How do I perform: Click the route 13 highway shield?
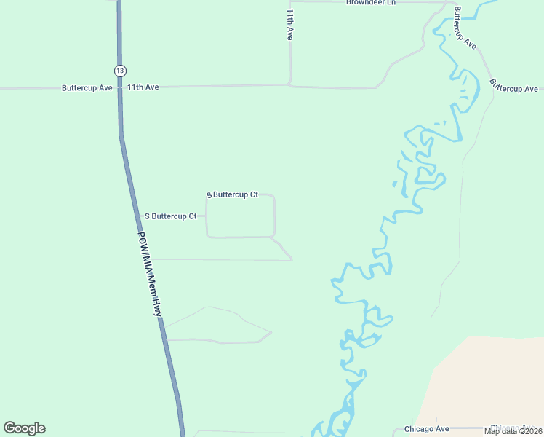pos(120,71)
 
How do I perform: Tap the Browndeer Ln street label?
pos(371,3)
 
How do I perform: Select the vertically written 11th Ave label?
pos(289,25)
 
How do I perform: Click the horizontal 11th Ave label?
pos(143,87)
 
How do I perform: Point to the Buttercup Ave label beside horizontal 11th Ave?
pos(87,87)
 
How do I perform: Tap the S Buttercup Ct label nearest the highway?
pos(171,216)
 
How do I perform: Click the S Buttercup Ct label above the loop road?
pos(233,194)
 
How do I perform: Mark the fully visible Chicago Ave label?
pos(427,429)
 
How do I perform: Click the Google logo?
pos(24,428)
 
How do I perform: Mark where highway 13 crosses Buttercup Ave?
pos(120,88)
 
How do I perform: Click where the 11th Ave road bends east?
pos(291,84)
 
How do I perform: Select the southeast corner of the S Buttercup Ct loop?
pos(273,236)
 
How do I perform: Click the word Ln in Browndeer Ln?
pos(391,3)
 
